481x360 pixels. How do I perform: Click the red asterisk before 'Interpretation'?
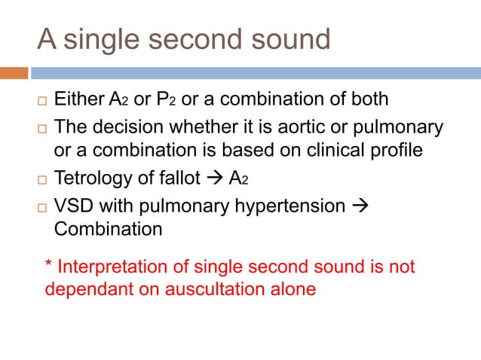[x=49, y=265]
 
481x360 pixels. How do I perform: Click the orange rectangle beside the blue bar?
[x=14, y=73]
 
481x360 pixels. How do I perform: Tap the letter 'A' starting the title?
[x=47, y=39]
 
